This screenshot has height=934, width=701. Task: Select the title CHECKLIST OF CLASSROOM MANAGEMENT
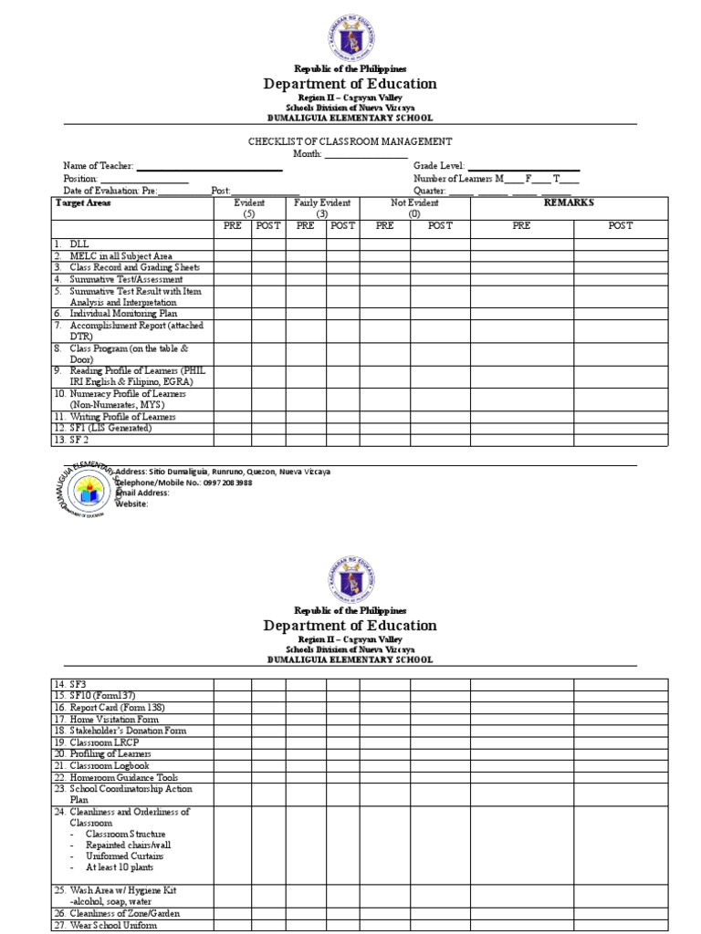pos(350,141)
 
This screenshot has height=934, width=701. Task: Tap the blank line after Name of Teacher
pos(209,168)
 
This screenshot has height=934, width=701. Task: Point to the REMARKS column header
pos(569,202)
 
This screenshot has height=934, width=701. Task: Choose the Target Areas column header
pos(83,202)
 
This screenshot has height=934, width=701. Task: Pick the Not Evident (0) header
pos(414,208)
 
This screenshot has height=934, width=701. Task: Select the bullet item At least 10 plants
pos(124,868)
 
